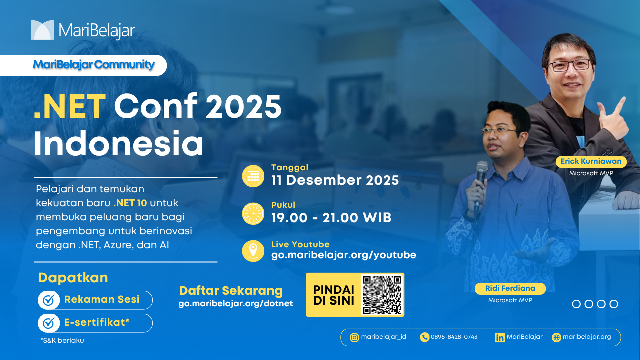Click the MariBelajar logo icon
42,30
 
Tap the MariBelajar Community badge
83,65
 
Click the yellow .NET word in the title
70,107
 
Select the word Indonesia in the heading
119,143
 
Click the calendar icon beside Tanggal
253,176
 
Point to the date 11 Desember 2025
335,180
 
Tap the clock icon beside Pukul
253,213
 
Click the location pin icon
253,251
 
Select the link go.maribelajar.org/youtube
343,255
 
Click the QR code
382,295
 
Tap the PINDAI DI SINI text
333,295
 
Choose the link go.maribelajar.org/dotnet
236,303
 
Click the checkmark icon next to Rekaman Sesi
49,300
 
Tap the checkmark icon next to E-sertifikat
49,323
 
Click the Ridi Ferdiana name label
510,288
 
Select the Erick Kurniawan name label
591,161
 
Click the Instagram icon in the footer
354,338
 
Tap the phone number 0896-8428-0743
454,337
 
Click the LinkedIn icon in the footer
500,338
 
